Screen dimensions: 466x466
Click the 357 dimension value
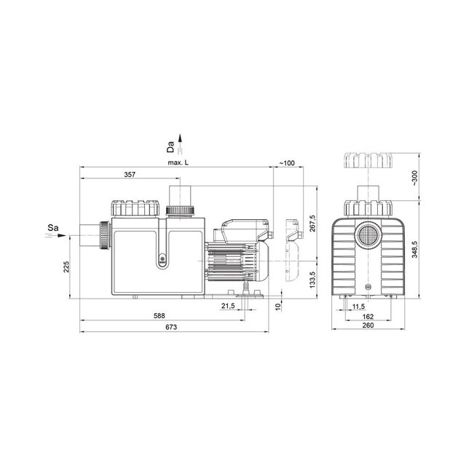tap(130, 175)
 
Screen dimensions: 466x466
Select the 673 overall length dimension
tap(171, 327)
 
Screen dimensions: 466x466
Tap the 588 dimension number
tap(159, 315)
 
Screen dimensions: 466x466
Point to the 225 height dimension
tap(66, 266)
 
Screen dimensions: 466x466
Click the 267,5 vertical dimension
tap(312, 224)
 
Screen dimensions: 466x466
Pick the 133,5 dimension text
tap(312, 280)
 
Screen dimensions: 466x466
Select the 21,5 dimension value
tap(228, 306)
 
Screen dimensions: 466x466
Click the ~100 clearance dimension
tap(287, 163)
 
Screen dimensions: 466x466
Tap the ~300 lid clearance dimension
tap(415, 178)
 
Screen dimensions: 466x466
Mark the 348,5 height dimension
tap(415, 249)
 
